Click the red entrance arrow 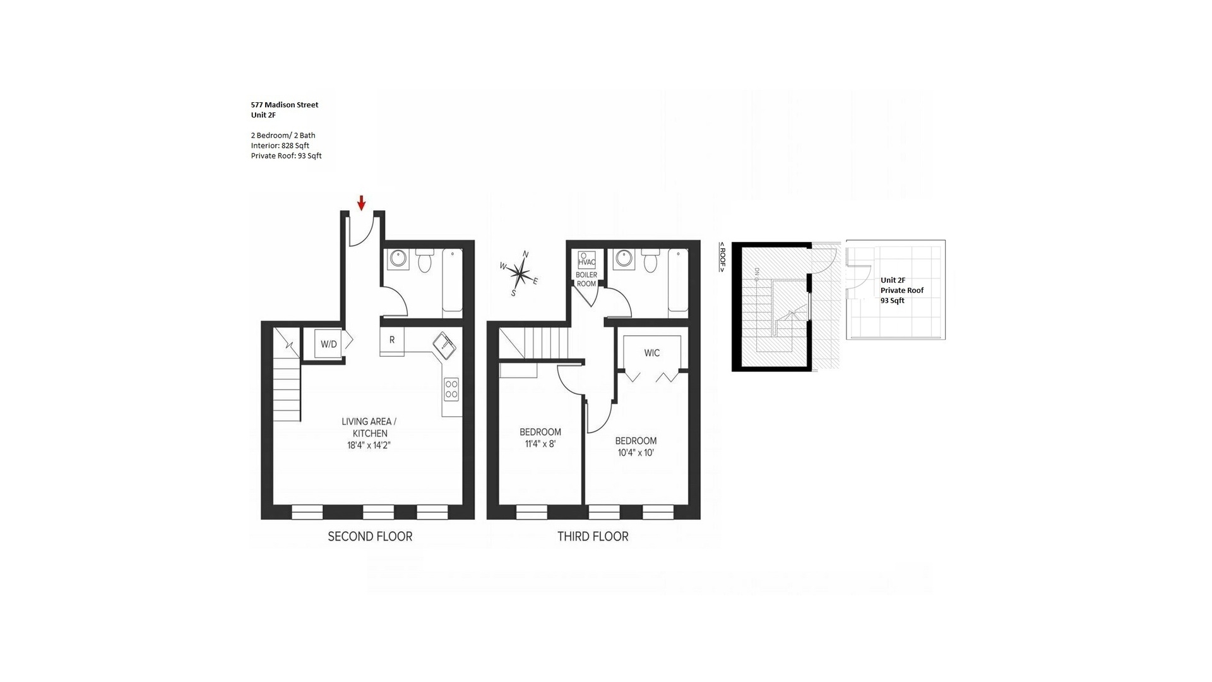coord(361,203)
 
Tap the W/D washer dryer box coord(328,344)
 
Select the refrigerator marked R coord(392,340)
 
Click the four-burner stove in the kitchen coord(451,390)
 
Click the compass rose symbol coord(519,274)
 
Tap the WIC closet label coord(652,353)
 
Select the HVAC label coord(586,262)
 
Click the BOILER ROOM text coord(586,279)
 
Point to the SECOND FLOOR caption coord(370,537)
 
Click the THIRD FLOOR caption coord(593,537)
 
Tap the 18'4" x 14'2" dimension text coord(369,445)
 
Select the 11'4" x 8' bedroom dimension coord(540,444)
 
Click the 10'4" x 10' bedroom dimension coord(636,452)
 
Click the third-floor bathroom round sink coord(624,258)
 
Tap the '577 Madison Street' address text coord(285,105)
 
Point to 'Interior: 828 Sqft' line coord(280,145)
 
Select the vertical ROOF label coord(723,258)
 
